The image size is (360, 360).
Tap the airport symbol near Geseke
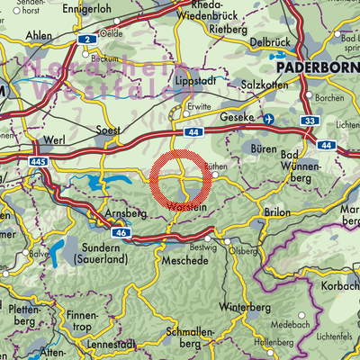268,119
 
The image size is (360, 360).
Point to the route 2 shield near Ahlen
87,40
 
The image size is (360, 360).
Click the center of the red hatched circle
181,180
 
